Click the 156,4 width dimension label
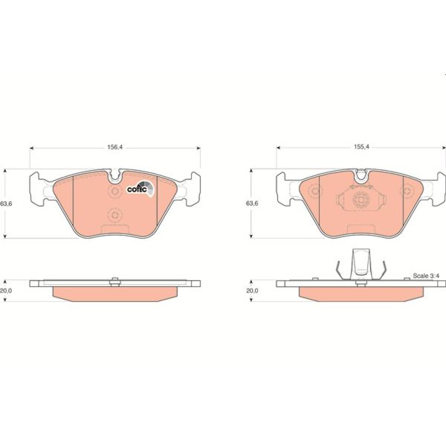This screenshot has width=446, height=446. (114, 148)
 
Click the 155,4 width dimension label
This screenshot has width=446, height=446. (361, 148)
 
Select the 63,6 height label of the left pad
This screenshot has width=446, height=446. (6, 203)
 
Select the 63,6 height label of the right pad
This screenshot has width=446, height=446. (252, 203)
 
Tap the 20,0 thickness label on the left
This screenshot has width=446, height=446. (6, 291)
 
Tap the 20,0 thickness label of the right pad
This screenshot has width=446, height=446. (252, 291)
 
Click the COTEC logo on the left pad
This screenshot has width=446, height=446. (139, 190)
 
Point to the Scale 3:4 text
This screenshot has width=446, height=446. (427, 276)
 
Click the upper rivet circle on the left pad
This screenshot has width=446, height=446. (114, 192)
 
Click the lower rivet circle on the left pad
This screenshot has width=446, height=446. (114, 216)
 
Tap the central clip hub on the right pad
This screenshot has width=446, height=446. (361, 201)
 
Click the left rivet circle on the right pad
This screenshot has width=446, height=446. (314, 192)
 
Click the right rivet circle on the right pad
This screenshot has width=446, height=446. (407, 192)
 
